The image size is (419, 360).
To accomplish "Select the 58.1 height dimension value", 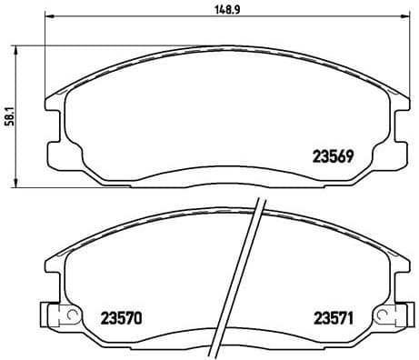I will click(x=8, y=116).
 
